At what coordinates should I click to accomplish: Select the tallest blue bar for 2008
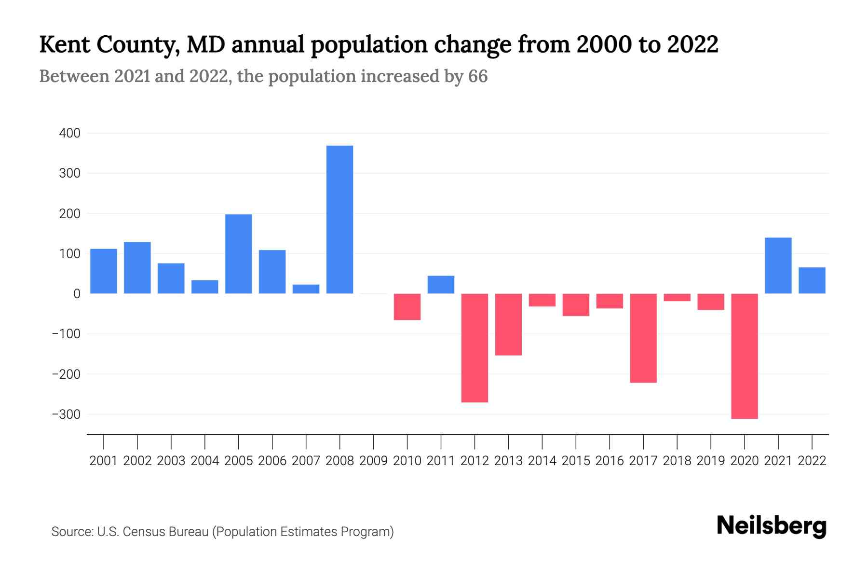click(339, 220)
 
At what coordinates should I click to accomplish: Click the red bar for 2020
click(744, 356)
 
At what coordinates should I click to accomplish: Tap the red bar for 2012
click(475, 348)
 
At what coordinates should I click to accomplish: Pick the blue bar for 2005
click(238, 254)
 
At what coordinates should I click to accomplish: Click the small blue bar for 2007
click(306, 289)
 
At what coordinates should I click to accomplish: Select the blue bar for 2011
click(441, 285)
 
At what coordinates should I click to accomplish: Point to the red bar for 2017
click(643, 338)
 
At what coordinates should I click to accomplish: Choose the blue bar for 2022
click(812, 280)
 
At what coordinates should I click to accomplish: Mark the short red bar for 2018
click(677, 297)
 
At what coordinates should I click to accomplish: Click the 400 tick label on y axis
click(69, 133)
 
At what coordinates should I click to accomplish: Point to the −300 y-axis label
click(66, 414)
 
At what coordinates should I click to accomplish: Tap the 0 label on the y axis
click(77, 294)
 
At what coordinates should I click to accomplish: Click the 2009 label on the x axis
click(373, 461)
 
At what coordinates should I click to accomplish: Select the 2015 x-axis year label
click(575, 461)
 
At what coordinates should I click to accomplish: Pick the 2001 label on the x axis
click(104, 461)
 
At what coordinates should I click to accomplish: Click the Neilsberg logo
click(772, 526)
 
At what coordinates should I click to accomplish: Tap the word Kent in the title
click(64, 44)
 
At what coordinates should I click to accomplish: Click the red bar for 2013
click(508, 324)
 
